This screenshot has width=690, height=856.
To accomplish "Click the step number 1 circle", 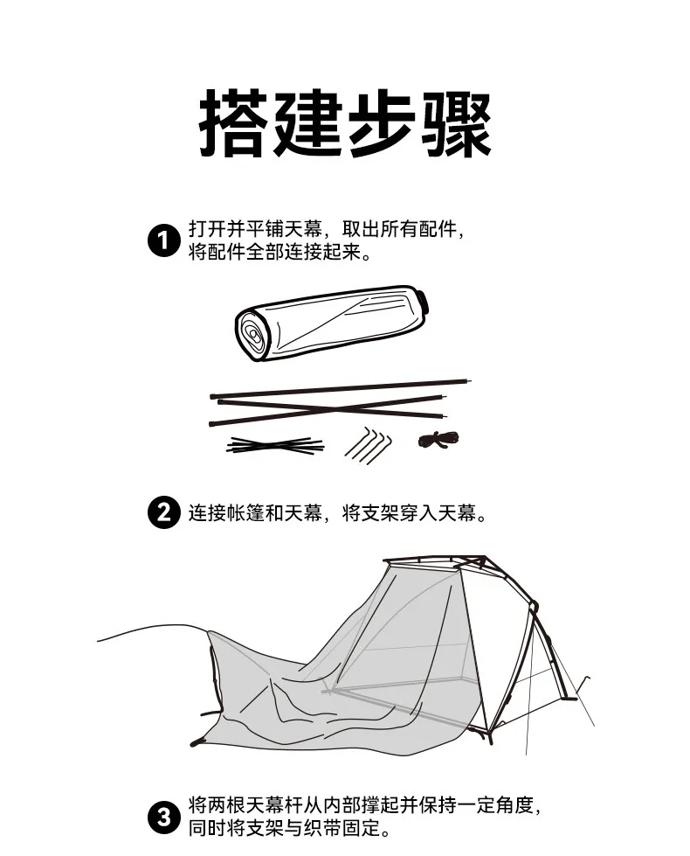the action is [x=163, y=240].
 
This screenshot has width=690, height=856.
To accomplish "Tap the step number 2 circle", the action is [x=163, y=512].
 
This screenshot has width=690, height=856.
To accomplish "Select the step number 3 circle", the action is [x=163, y=818].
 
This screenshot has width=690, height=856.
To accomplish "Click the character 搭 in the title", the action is [x=234, y=123].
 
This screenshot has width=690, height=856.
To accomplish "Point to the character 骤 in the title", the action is [x=456, y=123].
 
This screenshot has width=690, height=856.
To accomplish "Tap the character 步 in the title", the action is [x=382, y=123].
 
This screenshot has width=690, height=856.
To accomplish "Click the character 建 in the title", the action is [x=307, y=123].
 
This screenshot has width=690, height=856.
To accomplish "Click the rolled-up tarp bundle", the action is [x=331, y=323].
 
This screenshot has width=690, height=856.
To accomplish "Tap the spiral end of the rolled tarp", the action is [x=253, y=334].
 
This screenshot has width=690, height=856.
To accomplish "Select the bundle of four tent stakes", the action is [x=369, y=445].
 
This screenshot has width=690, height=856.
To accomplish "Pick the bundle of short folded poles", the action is [x=275, y=445].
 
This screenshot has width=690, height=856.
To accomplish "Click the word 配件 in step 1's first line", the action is [x=438, y=229].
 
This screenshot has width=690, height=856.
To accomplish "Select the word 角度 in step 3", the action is [x=514, y=805].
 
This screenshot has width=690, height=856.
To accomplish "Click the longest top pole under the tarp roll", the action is [x=341, y=388].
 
